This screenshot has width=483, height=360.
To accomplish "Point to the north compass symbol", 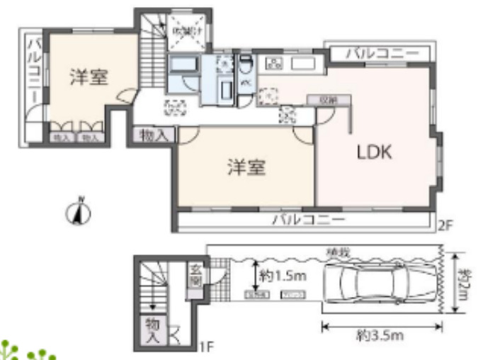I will pyautogui.click(x=81, y=211).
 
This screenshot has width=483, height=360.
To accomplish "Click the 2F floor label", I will pyautogui.click(x=444, y=227).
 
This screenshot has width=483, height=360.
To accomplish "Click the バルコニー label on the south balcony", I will pyautogui.click(x=308, y=220).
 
